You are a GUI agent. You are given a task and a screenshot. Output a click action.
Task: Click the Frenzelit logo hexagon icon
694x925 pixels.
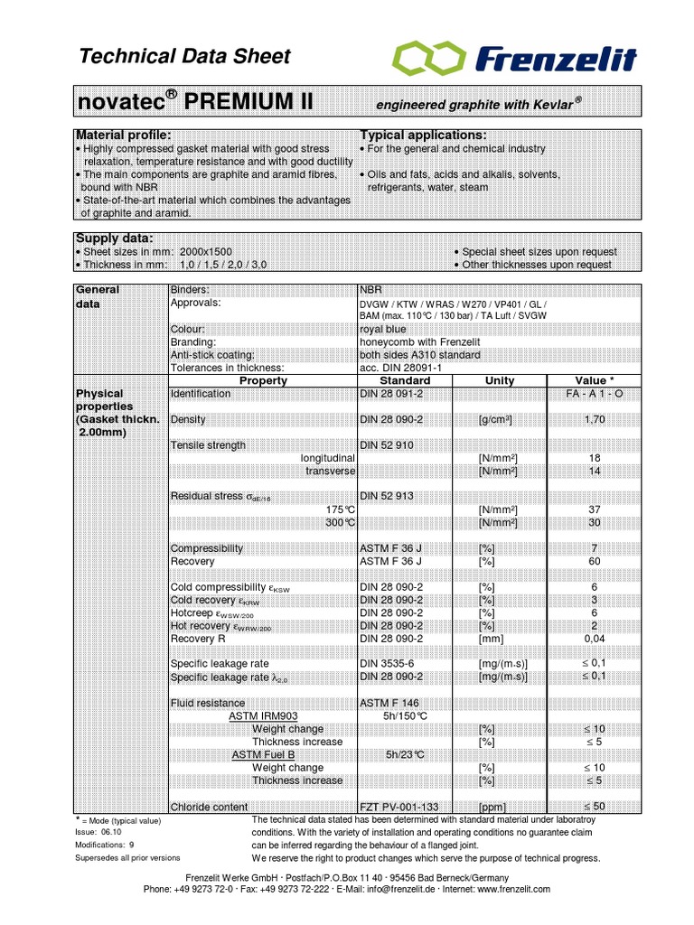point(425,60)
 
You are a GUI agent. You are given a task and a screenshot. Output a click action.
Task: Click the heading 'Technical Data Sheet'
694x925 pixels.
point(185,57)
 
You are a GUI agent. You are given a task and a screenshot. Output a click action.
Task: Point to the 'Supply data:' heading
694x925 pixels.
point(113,238)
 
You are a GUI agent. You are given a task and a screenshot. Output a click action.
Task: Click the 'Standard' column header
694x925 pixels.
point(406,380)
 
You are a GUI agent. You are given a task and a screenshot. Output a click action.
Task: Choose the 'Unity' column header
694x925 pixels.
point(499,380)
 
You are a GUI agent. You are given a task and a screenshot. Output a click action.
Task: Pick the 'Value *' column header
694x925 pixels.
point(595,380)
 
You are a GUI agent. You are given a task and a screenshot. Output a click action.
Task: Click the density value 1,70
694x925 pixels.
point(595,420)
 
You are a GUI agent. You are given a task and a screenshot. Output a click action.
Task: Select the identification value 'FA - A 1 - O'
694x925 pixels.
point(595,395)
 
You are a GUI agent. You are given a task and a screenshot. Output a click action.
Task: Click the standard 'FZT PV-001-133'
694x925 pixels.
point(399,807)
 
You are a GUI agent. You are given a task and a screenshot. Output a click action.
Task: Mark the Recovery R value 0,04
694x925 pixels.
point(595,639)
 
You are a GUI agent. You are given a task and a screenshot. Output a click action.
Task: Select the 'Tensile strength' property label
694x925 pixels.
point(208,445)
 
